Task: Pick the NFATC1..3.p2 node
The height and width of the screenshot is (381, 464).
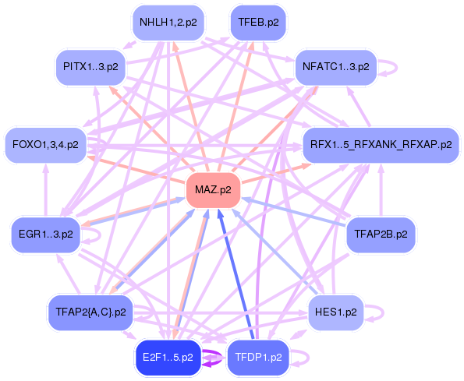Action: [x=335, y=66]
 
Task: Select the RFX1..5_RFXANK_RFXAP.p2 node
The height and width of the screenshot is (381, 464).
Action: [x=380, y=144]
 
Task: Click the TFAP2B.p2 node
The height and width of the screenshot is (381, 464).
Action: [x=380, y=232]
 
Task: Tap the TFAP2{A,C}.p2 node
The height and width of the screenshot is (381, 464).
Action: [x=91, y=312]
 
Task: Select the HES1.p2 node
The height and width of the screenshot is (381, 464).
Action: [x=336, y=312]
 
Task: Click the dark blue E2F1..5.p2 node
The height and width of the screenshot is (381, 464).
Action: [x=168, y=358]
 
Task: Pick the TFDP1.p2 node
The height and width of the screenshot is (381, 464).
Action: [x=258, y=358]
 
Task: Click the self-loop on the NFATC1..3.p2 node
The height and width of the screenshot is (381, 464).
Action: [x=389, y=66]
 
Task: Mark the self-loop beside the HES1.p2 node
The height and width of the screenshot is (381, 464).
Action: [x=377, y=312]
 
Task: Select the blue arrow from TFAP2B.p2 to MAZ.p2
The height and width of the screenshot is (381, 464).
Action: [x=296, y=212]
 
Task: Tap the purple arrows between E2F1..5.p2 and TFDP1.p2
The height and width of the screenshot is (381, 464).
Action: [x=212, y=358]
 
